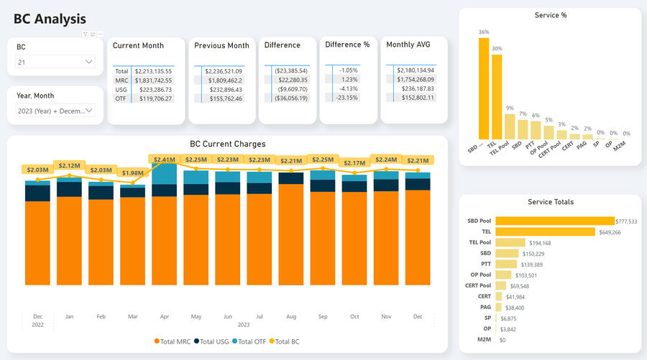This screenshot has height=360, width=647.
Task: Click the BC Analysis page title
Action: [50, 19]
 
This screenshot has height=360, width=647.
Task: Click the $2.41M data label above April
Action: [164, 159]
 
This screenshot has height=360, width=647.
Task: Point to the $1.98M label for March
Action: [132, 172]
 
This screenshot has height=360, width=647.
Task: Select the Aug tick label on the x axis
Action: [291, 316]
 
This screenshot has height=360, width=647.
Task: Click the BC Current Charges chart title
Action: [227, 144]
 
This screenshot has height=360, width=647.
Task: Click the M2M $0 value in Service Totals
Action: [503, 339]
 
